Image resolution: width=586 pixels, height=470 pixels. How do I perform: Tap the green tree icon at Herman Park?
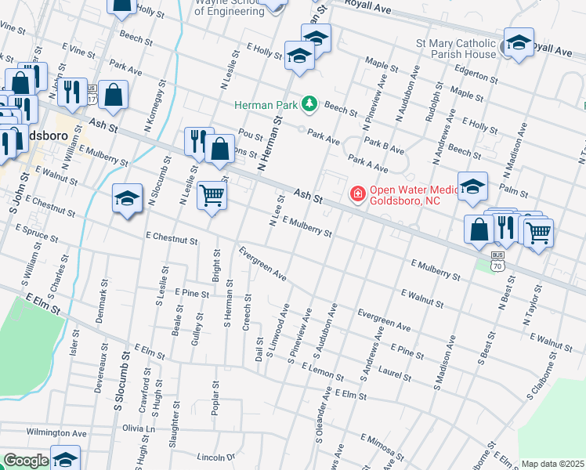[310, 104]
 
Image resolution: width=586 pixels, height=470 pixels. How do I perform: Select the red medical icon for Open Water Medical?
[356, 193]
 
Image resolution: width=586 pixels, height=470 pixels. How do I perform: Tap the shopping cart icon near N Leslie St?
[211, 194]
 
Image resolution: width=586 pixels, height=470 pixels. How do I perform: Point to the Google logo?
[25, 461]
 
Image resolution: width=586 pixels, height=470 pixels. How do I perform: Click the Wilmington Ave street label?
[56, 432]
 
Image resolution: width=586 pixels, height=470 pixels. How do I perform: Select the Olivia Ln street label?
[139, 428]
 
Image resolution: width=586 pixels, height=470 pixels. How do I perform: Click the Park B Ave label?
[385, 149]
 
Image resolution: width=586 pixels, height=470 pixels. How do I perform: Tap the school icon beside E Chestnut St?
[127, 199]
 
